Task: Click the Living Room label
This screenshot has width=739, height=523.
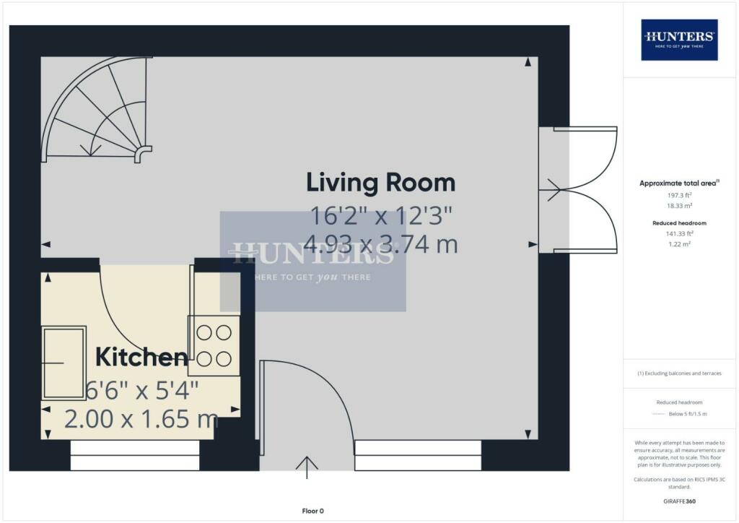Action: (380, 182)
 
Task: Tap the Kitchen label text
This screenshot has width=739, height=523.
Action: (141, 356)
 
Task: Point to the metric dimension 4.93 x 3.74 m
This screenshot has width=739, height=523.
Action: (383, 244)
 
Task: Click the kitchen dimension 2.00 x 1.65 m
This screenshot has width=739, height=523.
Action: (141, 418)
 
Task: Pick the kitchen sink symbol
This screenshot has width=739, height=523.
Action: (64, 362)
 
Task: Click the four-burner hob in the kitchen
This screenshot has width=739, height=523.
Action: (214, 345)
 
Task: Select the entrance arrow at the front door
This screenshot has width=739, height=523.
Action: (307, 467)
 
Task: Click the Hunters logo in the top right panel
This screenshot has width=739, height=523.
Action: (678, 39)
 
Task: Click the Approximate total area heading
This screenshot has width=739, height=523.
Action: (678, 183)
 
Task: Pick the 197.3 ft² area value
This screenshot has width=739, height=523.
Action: (678, 196)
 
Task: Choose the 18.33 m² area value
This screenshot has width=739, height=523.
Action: (678, 206)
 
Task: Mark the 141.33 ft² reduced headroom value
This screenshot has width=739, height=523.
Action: (678, 234)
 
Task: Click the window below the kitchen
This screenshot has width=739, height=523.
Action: (135, 455)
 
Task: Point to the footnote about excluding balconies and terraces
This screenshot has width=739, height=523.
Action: (678, 373)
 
